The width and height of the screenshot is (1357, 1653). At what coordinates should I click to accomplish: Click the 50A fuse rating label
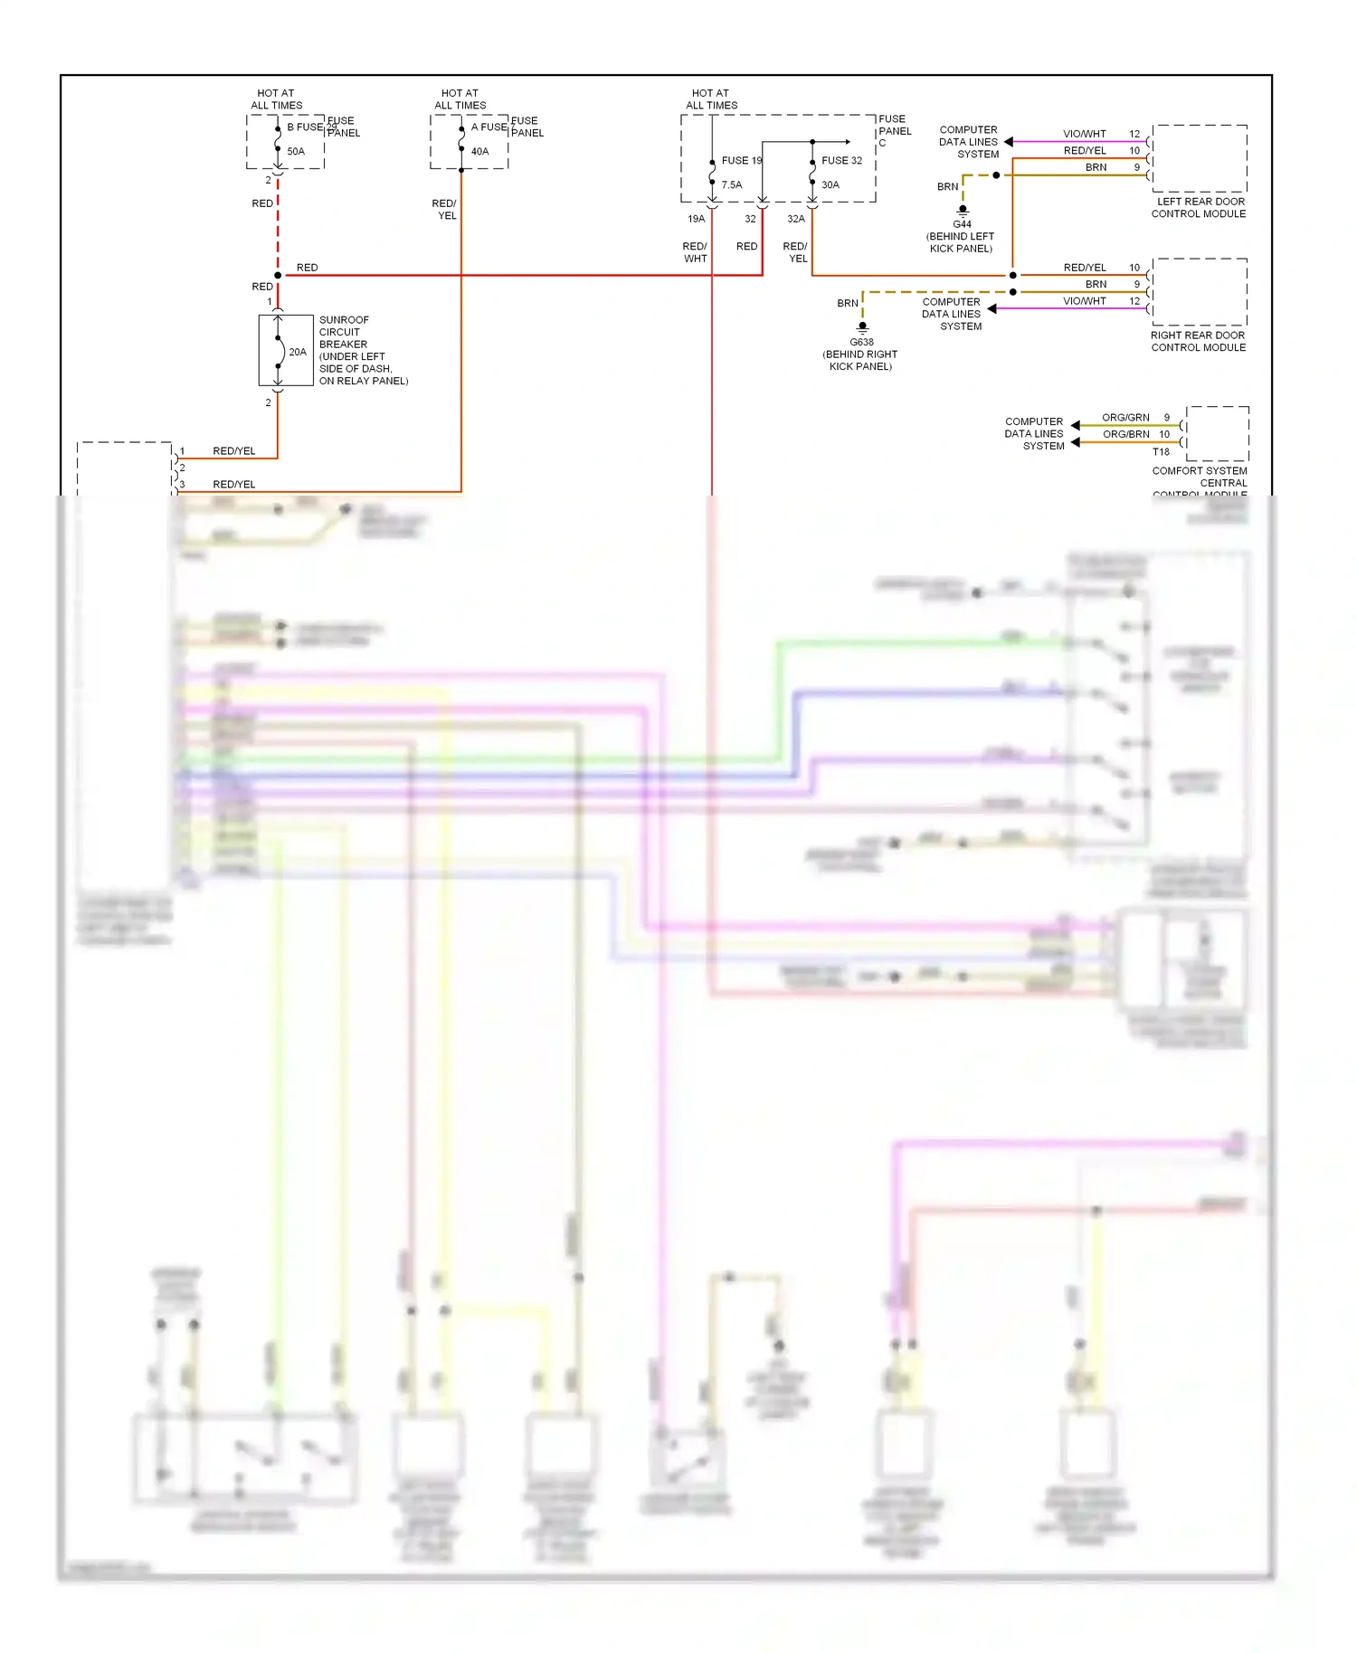pos(296,152)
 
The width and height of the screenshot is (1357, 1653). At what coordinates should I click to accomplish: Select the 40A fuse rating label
pos(479,152)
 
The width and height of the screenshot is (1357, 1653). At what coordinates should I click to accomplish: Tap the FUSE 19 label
pos(741,161)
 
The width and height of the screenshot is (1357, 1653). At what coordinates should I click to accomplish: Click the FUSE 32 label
pos(841,161)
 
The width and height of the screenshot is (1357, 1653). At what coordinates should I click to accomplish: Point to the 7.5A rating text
pos(731,185)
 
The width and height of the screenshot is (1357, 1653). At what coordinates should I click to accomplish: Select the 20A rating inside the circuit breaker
pos(297,353)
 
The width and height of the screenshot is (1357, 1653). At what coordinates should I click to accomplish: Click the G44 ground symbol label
pos(962,224)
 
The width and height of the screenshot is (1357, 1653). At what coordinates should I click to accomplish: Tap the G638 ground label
pos(861,343)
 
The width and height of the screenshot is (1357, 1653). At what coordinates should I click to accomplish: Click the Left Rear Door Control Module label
pos(1199,208)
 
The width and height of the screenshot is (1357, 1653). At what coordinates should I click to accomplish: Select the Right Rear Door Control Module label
pos(1198,342)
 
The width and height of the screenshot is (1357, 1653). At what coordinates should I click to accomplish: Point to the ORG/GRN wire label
pos(1125,418)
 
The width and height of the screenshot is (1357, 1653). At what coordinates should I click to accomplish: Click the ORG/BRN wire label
pos(1125,435)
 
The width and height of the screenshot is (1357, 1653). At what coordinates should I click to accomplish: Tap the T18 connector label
pos(1161,452)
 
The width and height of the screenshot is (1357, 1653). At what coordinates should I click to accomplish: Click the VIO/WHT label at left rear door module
pos(1084,134)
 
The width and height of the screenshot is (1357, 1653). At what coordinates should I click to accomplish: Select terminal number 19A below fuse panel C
pos(696,219)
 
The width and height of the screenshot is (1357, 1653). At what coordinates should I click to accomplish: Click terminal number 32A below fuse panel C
pos(795,219)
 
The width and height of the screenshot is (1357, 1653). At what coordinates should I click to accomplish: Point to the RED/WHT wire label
pos(695,252)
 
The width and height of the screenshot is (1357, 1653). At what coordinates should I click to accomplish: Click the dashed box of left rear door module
pos(1200,158)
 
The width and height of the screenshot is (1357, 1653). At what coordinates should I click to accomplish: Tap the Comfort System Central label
pos(1200,477)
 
